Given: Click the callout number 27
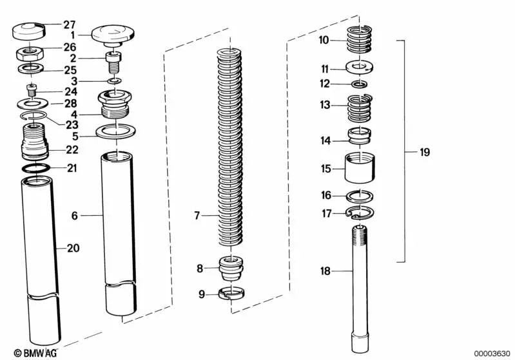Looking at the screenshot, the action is (70, 24).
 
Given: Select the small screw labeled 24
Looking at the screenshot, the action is (32, 90).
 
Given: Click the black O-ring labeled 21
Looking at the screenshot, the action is (36, 167).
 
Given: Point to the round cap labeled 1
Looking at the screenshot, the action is (113, 35).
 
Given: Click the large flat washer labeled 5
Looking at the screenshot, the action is (116, 131).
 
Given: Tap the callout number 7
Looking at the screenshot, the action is (197, 216).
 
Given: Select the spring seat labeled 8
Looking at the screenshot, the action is (231, 267).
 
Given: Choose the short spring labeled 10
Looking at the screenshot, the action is (360, 39).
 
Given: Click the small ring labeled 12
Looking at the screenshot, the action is (359, 84).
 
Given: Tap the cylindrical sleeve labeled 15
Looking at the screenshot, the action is (360, 168).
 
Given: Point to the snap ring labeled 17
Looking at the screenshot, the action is (359, 213).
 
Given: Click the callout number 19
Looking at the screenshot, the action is (424, 152).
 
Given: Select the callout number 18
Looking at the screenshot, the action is (325, 271).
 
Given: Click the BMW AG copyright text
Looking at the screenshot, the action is (35, 353).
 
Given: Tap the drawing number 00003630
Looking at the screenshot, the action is (492, 354).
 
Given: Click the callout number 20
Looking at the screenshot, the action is (73, 248).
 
